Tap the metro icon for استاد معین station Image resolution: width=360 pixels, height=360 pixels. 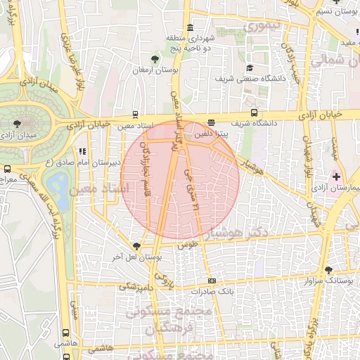(x=135, y=114)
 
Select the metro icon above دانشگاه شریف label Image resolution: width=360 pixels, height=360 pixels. (x=254, y=112)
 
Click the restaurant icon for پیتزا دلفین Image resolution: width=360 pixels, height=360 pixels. (x=212, y=122)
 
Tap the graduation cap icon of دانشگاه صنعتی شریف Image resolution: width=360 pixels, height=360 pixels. (x=249, y=67)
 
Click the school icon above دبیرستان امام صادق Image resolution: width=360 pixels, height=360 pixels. (x=83, y=150)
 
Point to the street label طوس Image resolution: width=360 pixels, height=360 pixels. (x=185, y=245)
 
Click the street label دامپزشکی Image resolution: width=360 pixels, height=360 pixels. (x=135, y=286)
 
